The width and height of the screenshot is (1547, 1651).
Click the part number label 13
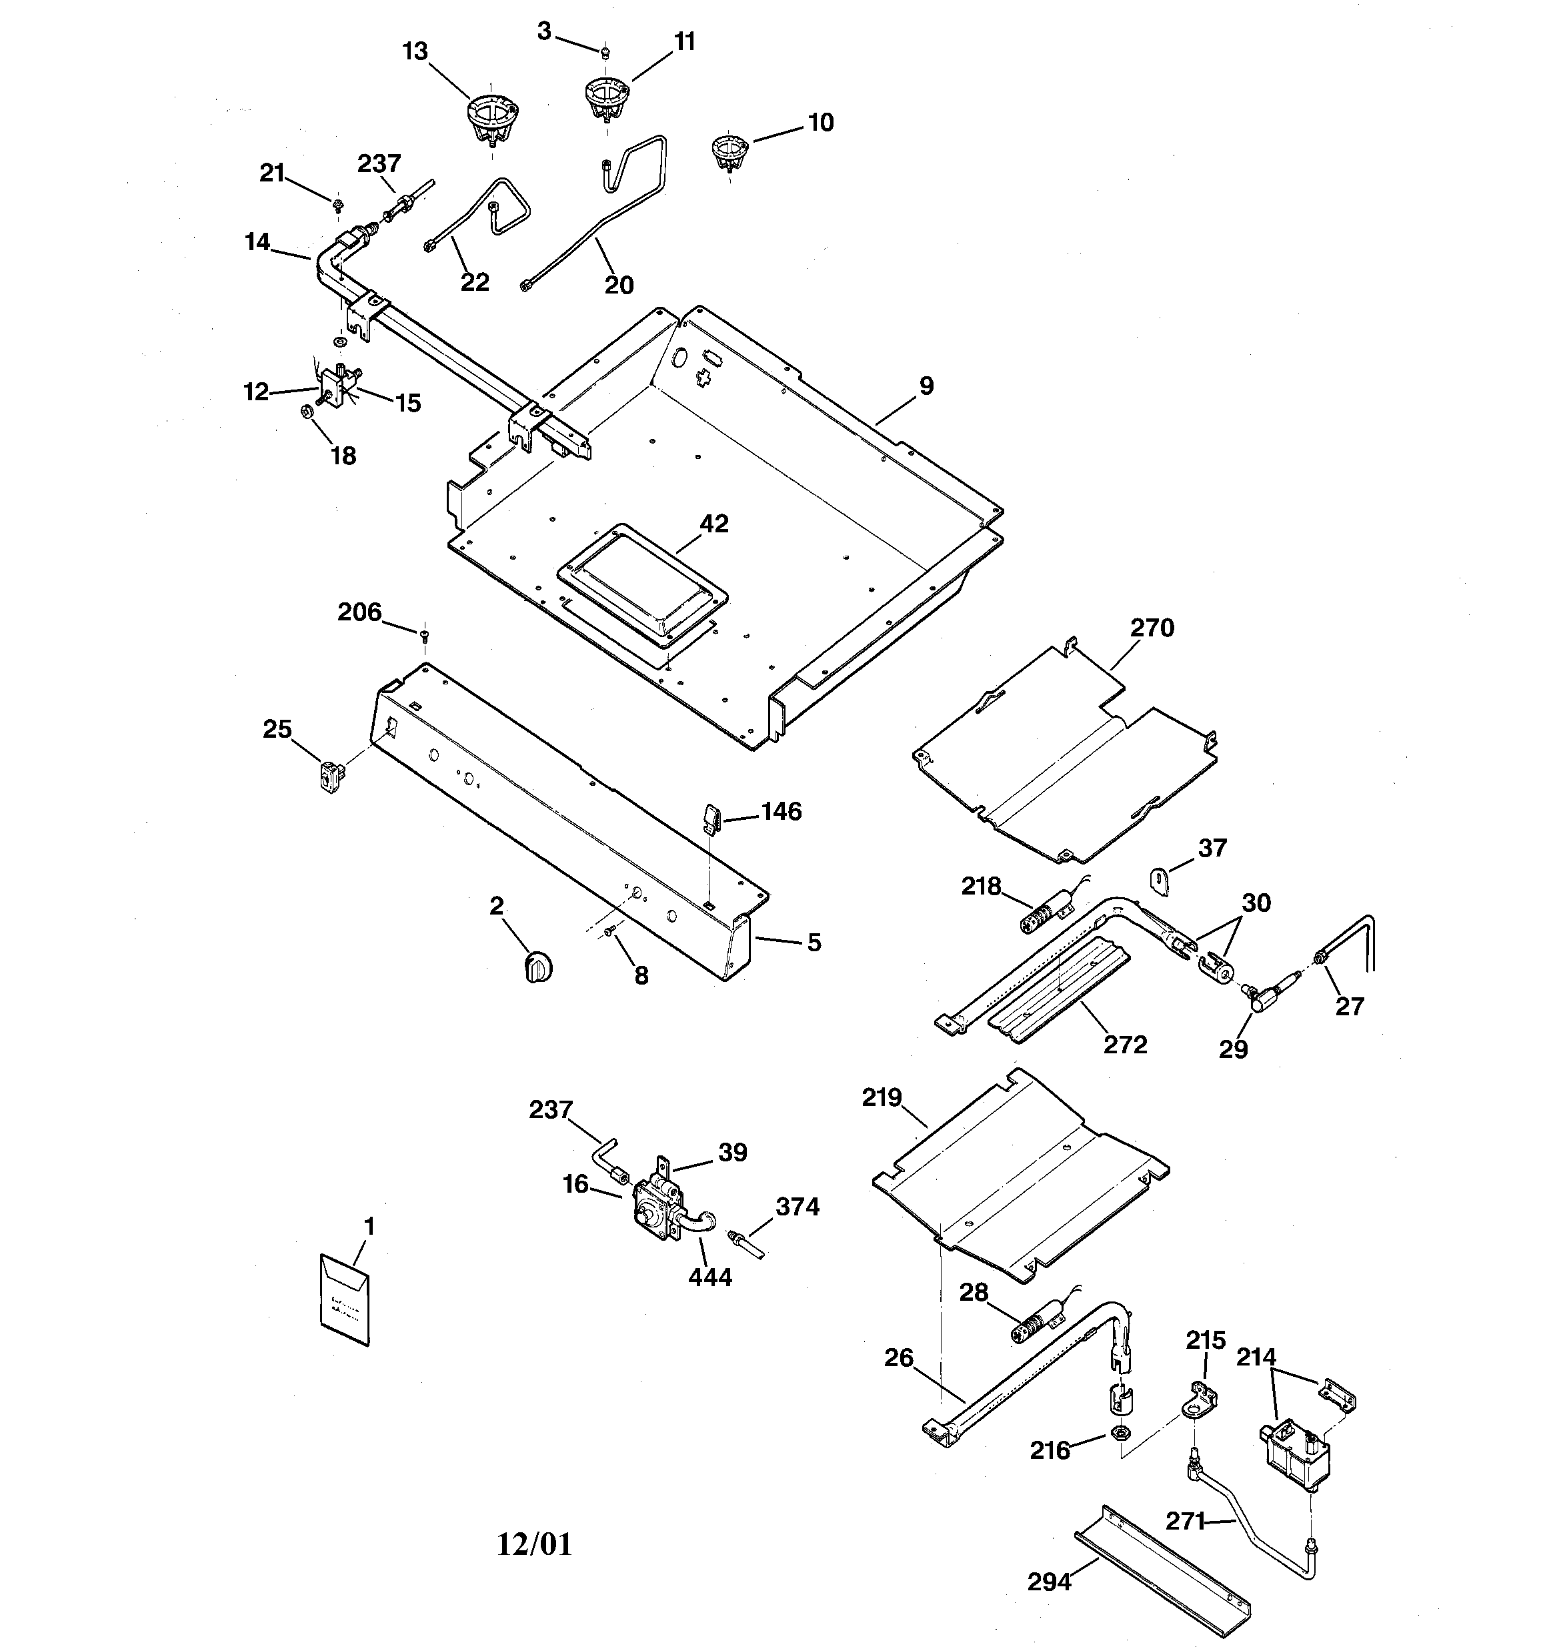(x=415, y=51)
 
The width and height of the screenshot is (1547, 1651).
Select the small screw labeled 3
(x=605, y=51)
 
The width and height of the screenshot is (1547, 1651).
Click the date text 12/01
(x=535, y=1544)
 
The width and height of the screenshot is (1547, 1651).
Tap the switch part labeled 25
(x=332, y=777)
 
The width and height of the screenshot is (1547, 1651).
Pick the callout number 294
(x=1049, y=1582)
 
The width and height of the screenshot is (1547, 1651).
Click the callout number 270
(x=1152, y=628)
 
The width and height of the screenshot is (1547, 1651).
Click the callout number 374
(x=797, y=1206)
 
